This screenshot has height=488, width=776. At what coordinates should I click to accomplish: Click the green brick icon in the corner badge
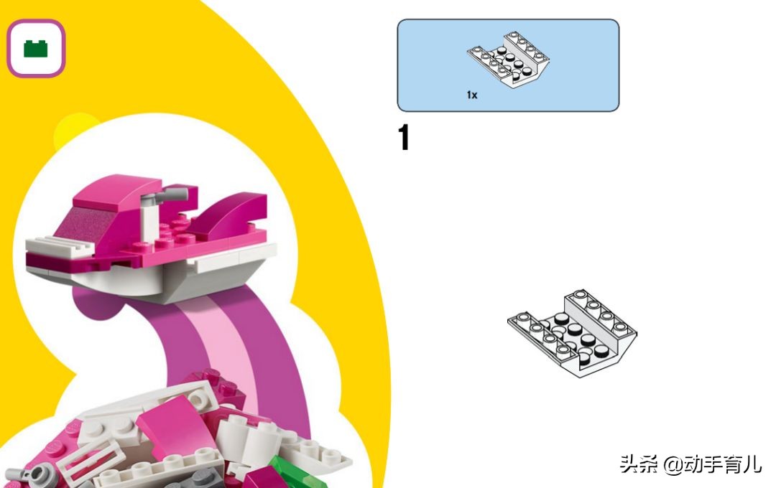click(36, 49)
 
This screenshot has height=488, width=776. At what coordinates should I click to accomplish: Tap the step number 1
click(404, 137)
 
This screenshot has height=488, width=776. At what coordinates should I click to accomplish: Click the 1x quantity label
click(472, 95)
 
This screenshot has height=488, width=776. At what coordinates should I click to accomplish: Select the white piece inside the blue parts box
click(508, 59)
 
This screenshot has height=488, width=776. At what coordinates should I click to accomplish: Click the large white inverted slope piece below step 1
click(573, 334)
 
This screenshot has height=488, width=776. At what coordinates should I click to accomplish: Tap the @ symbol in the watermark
click(673, 465)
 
